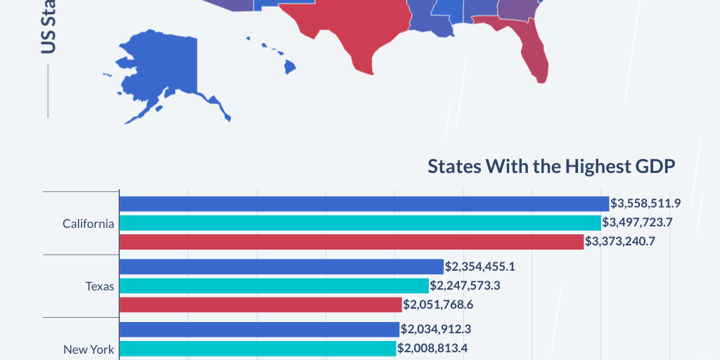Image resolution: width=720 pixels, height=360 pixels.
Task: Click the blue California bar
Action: [x=364, y=204]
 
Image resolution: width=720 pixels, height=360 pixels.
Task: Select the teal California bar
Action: [x=360, y=223]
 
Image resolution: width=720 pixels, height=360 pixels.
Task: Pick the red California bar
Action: [x=352, y=242]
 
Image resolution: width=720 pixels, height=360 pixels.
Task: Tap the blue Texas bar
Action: [x=281, y=266]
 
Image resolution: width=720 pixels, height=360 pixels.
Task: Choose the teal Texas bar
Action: [x=274, y=285]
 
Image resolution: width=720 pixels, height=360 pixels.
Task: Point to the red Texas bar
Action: [x=260, y=304]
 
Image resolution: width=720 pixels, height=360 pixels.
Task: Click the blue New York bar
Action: [x=259, y=329]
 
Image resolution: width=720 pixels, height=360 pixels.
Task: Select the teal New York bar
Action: [x=257, y=348]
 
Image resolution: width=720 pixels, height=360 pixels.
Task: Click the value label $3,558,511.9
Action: [x=645, y=204]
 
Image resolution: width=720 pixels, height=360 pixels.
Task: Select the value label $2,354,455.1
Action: [x=480, y=266]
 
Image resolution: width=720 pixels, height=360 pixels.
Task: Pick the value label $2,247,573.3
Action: [x=465, y=285]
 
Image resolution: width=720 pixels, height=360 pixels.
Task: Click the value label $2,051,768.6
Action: [x=438, y=304]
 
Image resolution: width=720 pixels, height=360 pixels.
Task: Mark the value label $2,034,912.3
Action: [x=436, y=329]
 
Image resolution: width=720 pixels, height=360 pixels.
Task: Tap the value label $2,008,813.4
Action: [x=432, y=348]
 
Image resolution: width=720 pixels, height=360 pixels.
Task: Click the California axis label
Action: [x=88, y=224]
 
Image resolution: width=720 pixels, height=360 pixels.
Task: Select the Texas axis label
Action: [x=100, y=286]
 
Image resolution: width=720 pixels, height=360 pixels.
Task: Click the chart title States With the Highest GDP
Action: [x=551, y=167]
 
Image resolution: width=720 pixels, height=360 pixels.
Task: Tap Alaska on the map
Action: [x=151, y=70]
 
